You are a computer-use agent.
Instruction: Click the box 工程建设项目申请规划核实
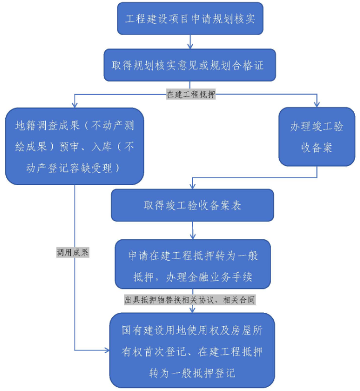(x=190, y=19)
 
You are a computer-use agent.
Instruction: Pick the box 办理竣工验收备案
(x=317, y=137)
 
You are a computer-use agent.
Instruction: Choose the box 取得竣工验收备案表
(x=192, y=205)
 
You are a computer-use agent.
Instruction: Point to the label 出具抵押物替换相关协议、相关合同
(x=190, y=300)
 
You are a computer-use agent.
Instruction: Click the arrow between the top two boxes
(x=190, y=42)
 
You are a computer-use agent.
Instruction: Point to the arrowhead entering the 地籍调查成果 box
(x=74, y=104)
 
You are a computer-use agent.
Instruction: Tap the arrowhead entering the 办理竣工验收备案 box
(x=317, y=104)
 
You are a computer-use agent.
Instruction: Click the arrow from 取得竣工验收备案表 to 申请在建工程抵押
(x=192, y=230)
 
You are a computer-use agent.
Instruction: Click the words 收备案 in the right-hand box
(x=317, y=147)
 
